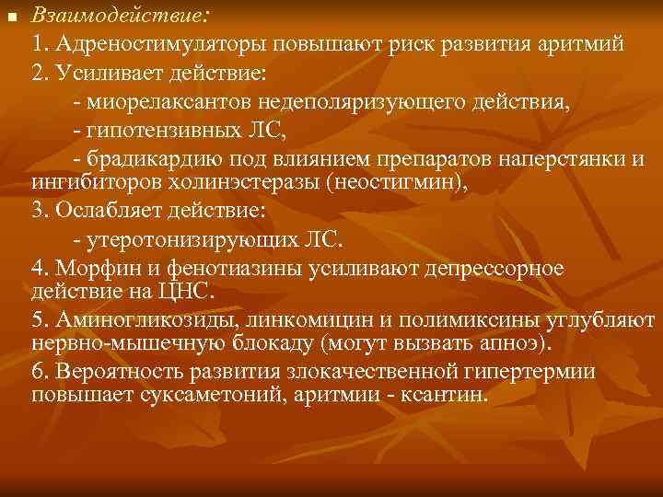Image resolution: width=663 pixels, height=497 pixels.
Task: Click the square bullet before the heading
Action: pyautogui.click(x=12, y=16)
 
